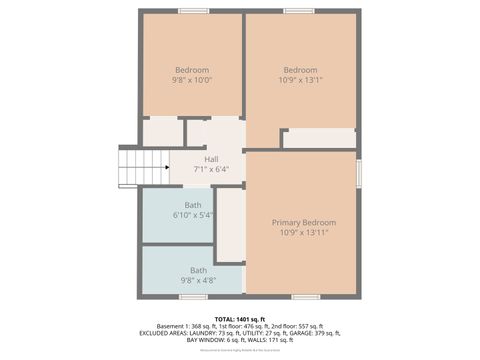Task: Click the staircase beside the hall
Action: pos(142,165)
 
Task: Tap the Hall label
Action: pos(212,159)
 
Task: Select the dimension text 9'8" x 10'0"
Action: pos(192,80)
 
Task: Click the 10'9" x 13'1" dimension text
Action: pos(300,80)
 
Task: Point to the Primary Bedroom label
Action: pos(304,222)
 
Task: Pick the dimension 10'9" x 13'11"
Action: pos(304,232)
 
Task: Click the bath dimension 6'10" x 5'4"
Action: pos(193,215)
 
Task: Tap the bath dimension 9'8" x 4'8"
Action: pos(199,280)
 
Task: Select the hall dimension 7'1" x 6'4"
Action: pos(212,169)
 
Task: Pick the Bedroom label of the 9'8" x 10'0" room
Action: pos(192,70)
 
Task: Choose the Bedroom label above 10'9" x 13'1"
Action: pos(300,70)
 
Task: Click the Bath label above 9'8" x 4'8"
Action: pos(199,270)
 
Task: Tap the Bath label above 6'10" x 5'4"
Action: pos(193,205)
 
